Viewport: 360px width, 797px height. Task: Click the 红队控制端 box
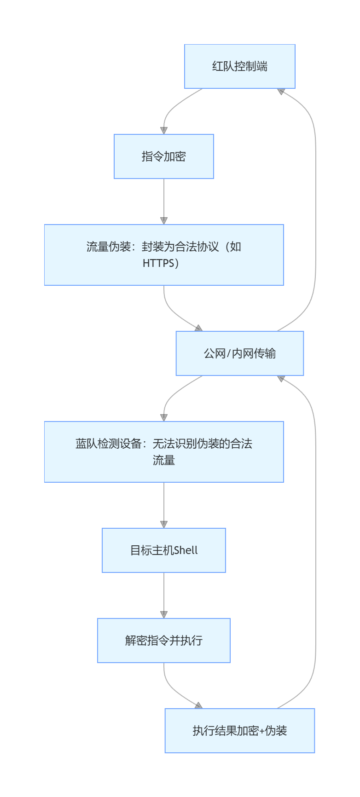(239, 66)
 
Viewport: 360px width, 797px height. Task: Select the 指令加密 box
(163, 156)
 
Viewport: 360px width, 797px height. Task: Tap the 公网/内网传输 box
(239, 353)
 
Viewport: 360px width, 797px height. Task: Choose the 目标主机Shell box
(163, 550)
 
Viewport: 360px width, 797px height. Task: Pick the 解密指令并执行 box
(163, 641)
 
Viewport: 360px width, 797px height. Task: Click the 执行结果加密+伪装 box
(239, 731)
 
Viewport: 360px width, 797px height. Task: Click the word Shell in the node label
(186, 550)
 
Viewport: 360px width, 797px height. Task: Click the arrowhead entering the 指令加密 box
(163, 130)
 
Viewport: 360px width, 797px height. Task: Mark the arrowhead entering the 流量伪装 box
(163, 220)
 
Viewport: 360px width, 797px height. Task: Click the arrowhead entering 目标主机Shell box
(163, 524)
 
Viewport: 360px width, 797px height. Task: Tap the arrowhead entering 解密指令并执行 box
(163, 614)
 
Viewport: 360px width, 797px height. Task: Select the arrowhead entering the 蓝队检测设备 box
(163, 417)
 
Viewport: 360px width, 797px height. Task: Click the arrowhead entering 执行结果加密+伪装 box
(198, 705)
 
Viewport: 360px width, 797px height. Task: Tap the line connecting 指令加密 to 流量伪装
(163, 198)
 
